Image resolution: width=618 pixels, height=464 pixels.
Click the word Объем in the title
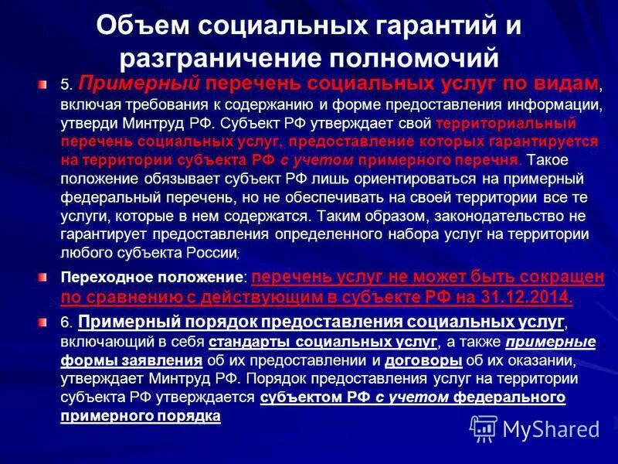(x=144, y=26)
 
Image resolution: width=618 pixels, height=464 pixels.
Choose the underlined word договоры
(x=423, y=360)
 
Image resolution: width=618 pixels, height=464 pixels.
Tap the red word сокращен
(x=561, y=278)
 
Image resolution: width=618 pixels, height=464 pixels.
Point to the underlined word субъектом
(x=297, y=397)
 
